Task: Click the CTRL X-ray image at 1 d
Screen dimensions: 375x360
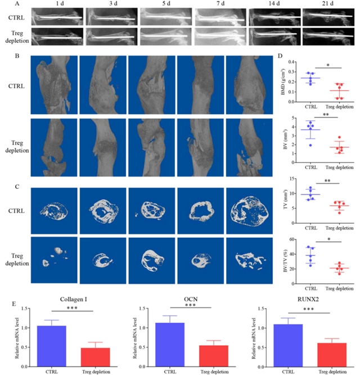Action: [x=58, y=18]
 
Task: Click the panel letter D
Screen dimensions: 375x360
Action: [x=281, y=56]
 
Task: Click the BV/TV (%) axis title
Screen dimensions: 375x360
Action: [x=287, y=256]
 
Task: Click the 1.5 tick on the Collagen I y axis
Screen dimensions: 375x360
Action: [x=30, y=308]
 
